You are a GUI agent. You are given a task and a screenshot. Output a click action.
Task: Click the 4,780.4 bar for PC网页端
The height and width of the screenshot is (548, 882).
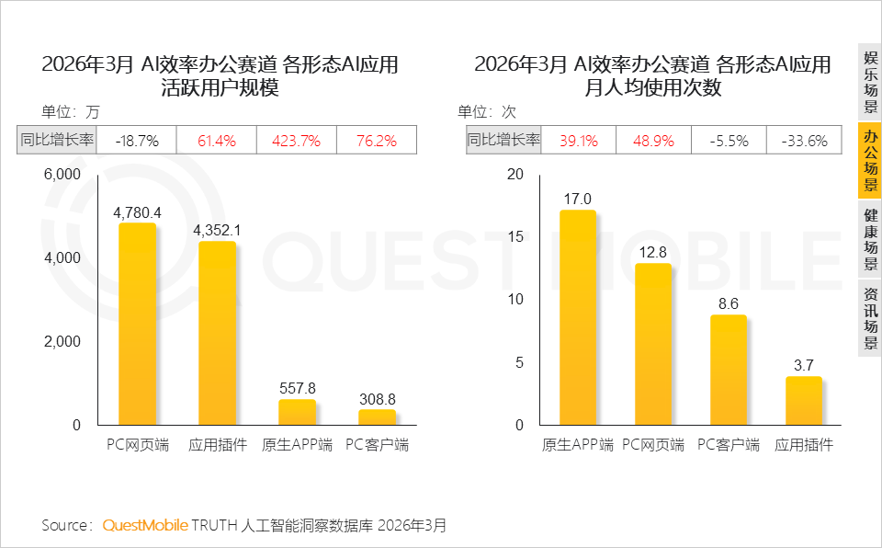coord(137,324)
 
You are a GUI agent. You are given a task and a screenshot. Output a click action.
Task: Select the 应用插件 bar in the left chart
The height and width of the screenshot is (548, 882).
coord(217,333)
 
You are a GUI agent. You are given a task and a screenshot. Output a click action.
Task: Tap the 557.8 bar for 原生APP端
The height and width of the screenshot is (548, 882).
coord(297,412)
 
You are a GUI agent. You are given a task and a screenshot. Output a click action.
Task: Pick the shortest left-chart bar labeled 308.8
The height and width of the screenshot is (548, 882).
coord(377,417)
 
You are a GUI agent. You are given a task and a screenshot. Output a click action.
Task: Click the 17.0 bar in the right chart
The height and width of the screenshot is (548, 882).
coord(578,317)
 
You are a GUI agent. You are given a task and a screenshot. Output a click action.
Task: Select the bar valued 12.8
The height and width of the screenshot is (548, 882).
coord(653,344)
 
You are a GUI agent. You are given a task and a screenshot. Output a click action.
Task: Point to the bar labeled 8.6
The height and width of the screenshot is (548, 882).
coord(729,370)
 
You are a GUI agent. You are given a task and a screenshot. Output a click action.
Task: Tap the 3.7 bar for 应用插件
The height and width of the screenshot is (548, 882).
coord(804,401)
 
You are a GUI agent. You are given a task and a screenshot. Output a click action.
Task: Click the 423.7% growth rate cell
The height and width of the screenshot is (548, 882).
coord(297,141)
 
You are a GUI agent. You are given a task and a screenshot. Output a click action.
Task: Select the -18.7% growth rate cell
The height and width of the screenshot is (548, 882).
coord(137,141)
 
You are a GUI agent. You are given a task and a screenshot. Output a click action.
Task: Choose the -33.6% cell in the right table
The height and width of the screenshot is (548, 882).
coord(805,141)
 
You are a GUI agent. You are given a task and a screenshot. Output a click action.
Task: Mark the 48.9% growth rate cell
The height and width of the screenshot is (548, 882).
coord(653,141)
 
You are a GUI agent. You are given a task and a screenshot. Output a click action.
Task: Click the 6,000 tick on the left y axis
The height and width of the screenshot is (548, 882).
coord(62,175)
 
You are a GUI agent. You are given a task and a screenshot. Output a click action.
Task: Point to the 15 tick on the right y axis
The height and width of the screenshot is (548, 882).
coord(515,236)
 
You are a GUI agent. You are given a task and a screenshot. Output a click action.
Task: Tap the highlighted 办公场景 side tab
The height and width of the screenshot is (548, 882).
coord(870,161)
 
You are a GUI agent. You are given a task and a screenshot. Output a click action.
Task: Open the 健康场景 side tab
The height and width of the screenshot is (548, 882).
coord(870,239)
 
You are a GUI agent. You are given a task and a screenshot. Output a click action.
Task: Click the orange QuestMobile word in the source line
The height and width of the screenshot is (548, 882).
coord(145,525)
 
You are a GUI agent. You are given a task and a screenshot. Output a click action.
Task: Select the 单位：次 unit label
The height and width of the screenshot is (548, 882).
coord(487,111)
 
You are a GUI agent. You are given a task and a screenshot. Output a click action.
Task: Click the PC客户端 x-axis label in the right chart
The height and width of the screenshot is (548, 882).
coord(729,445)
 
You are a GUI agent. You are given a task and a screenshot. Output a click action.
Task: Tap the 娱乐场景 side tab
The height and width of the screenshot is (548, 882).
coord(870,82)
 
